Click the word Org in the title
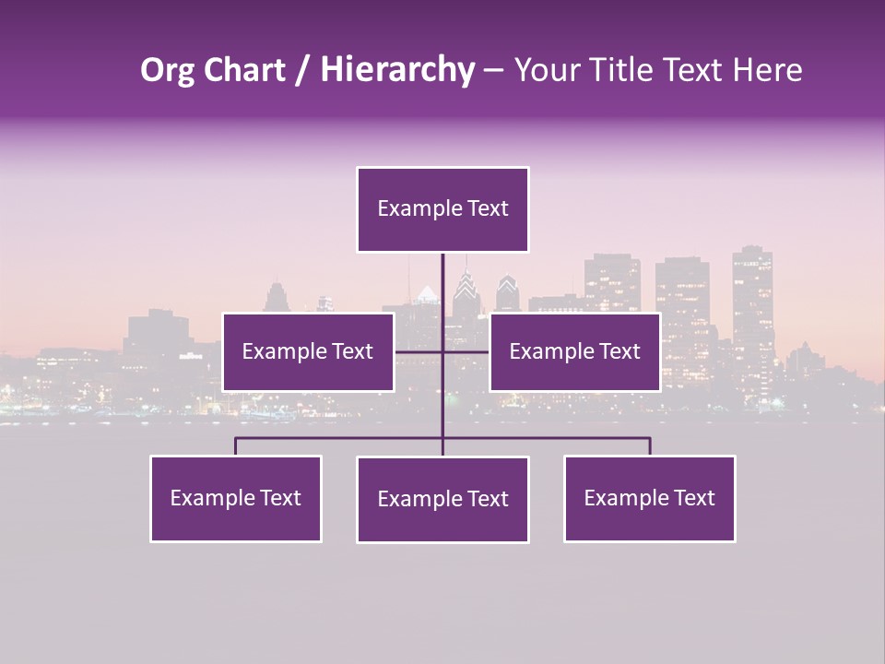tap(167, 70)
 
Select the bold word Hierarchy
tap(396, 70)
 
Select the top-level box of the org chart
tap(442, 209)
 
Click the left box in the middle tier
tap(307, 351)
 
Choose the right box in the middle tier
tap(574, 351)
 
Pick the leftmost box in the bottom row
tap(235, 498)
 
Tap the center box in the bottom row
tap(442, 499)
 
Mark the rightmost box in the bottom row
tap(649, 498)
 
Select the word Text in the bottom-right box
tap(694, 498)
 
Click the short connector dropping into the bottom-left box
tap(235, 446)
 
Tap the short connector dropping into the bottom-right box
tap(650, 446)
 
